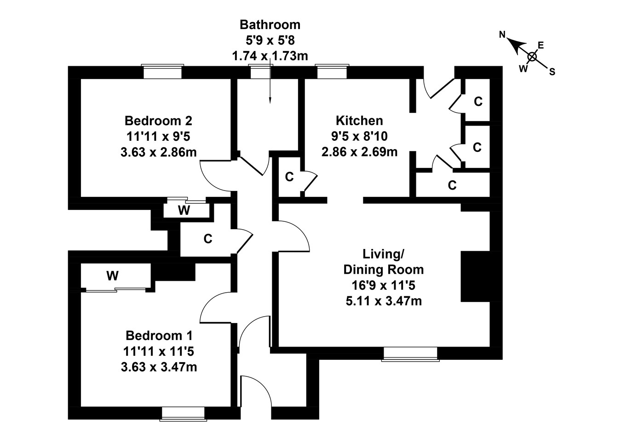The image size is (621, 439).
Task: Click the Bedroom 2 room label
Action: tap(158, 121)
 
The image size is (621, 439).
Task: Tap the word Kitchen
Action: tap(359, 121)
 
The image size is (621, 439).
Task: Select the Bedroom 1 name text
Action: tap(159, 335)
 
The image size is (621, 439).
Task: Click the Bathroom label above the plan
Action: tap(270, 24)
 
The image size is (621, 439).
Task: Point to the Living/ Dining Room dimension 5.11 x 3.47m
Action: tap(384, 301)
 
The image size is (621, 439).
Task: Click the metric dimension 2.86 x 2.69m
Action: tap(359, 152)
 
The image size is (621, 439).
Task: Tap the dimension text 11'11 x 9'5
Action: tap(158, 136)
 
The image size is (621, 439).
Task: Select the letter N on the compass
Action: tap(503, 35)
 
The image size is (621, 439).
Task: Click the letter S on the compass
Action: tap(552, 72)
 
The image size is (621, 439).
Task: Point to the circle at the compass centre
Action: tap(532, 57)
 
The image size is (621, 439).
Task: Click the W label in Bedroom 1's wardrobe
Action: tap(113, 276)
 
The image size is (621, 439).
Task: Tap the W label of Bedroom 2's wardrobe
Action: tap(184, 211)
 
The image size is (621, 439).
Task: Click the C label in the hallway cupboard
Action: tap(208, 239)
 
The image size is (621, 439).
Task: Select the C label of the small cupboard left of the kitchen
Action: tap(289, 177)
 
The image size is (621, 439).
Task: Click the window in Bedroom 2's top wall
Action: tap(163, 71)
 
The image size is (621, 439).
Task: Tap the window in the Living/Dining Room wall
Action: tap(410, 353)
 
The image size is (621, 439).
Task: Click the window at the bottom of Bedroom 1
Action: tap(183, 413)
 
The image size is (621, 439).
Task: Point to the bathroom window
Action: tap(261, 71)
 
